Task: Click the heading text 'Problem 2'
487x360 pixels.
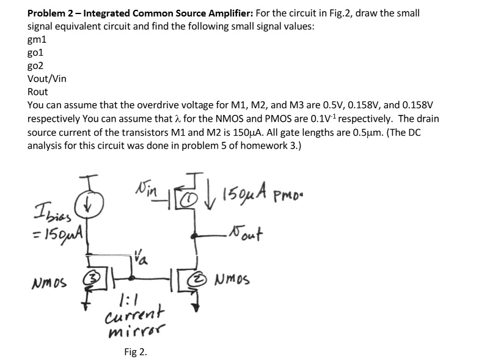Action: coord(54,13)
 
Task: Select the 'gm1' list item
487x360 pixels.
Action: coord(37,39)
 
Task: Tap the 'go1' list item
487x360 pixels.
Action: coord(37,53)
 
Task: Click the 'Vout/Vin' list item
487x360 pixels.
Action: coord(47,79)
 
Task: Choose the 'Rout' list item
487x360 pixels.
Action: coord(38,92)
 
